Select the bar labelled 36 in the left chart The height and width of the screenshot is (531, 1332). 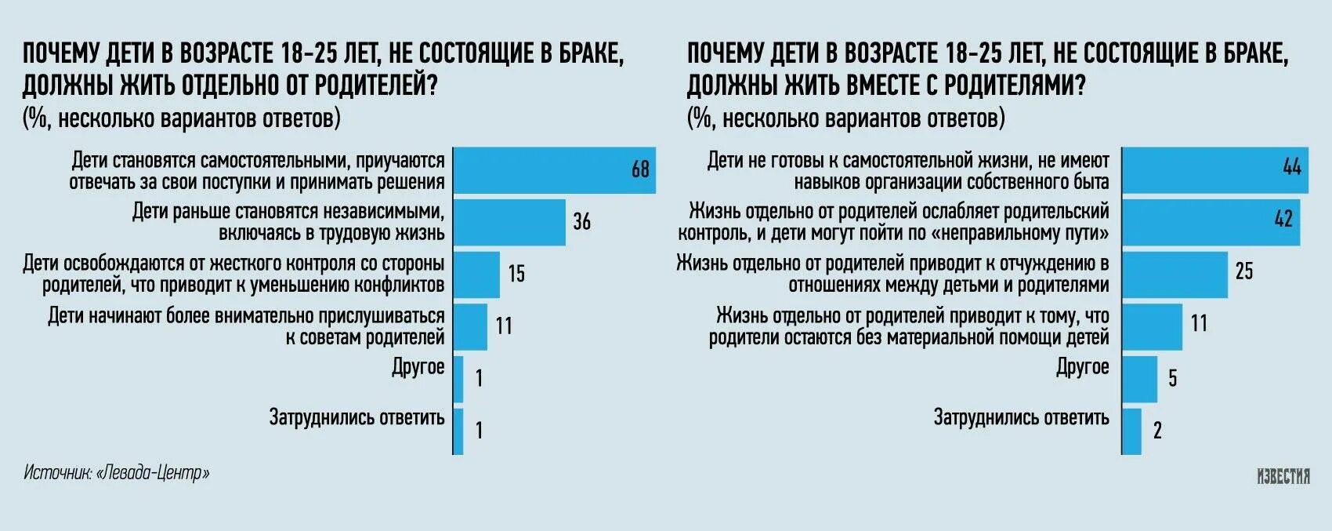coord(509,222)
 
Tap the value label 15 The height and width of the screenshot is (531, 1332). coord(516,274)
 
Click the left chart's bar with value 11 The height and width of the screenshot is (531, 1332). coord(470,326)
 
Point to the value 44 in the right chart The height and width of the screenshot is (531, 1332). coord(1291,167)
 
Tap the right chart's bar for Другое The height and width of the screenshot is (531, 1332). coord(1139,379)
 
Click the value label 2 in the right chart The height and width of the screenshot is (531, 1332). coord(1157,430)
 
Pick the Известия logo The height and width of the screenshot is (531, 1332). coord(1283,476)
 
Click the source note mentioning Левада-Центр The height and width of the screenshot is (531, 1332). coord(117,473)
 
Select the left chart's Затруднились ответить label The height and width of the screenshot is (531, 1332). coord(357,417)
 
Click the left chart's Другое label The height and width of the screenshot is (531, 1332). coord(418,367)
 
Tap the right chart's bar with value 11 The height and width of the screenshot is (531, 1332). coord(1152,326)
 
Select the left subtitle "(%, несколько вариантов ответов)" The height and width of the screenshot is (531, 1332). coord(182,118)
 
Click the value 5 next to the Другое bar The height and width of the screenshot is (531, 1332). coord(1172,379)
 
